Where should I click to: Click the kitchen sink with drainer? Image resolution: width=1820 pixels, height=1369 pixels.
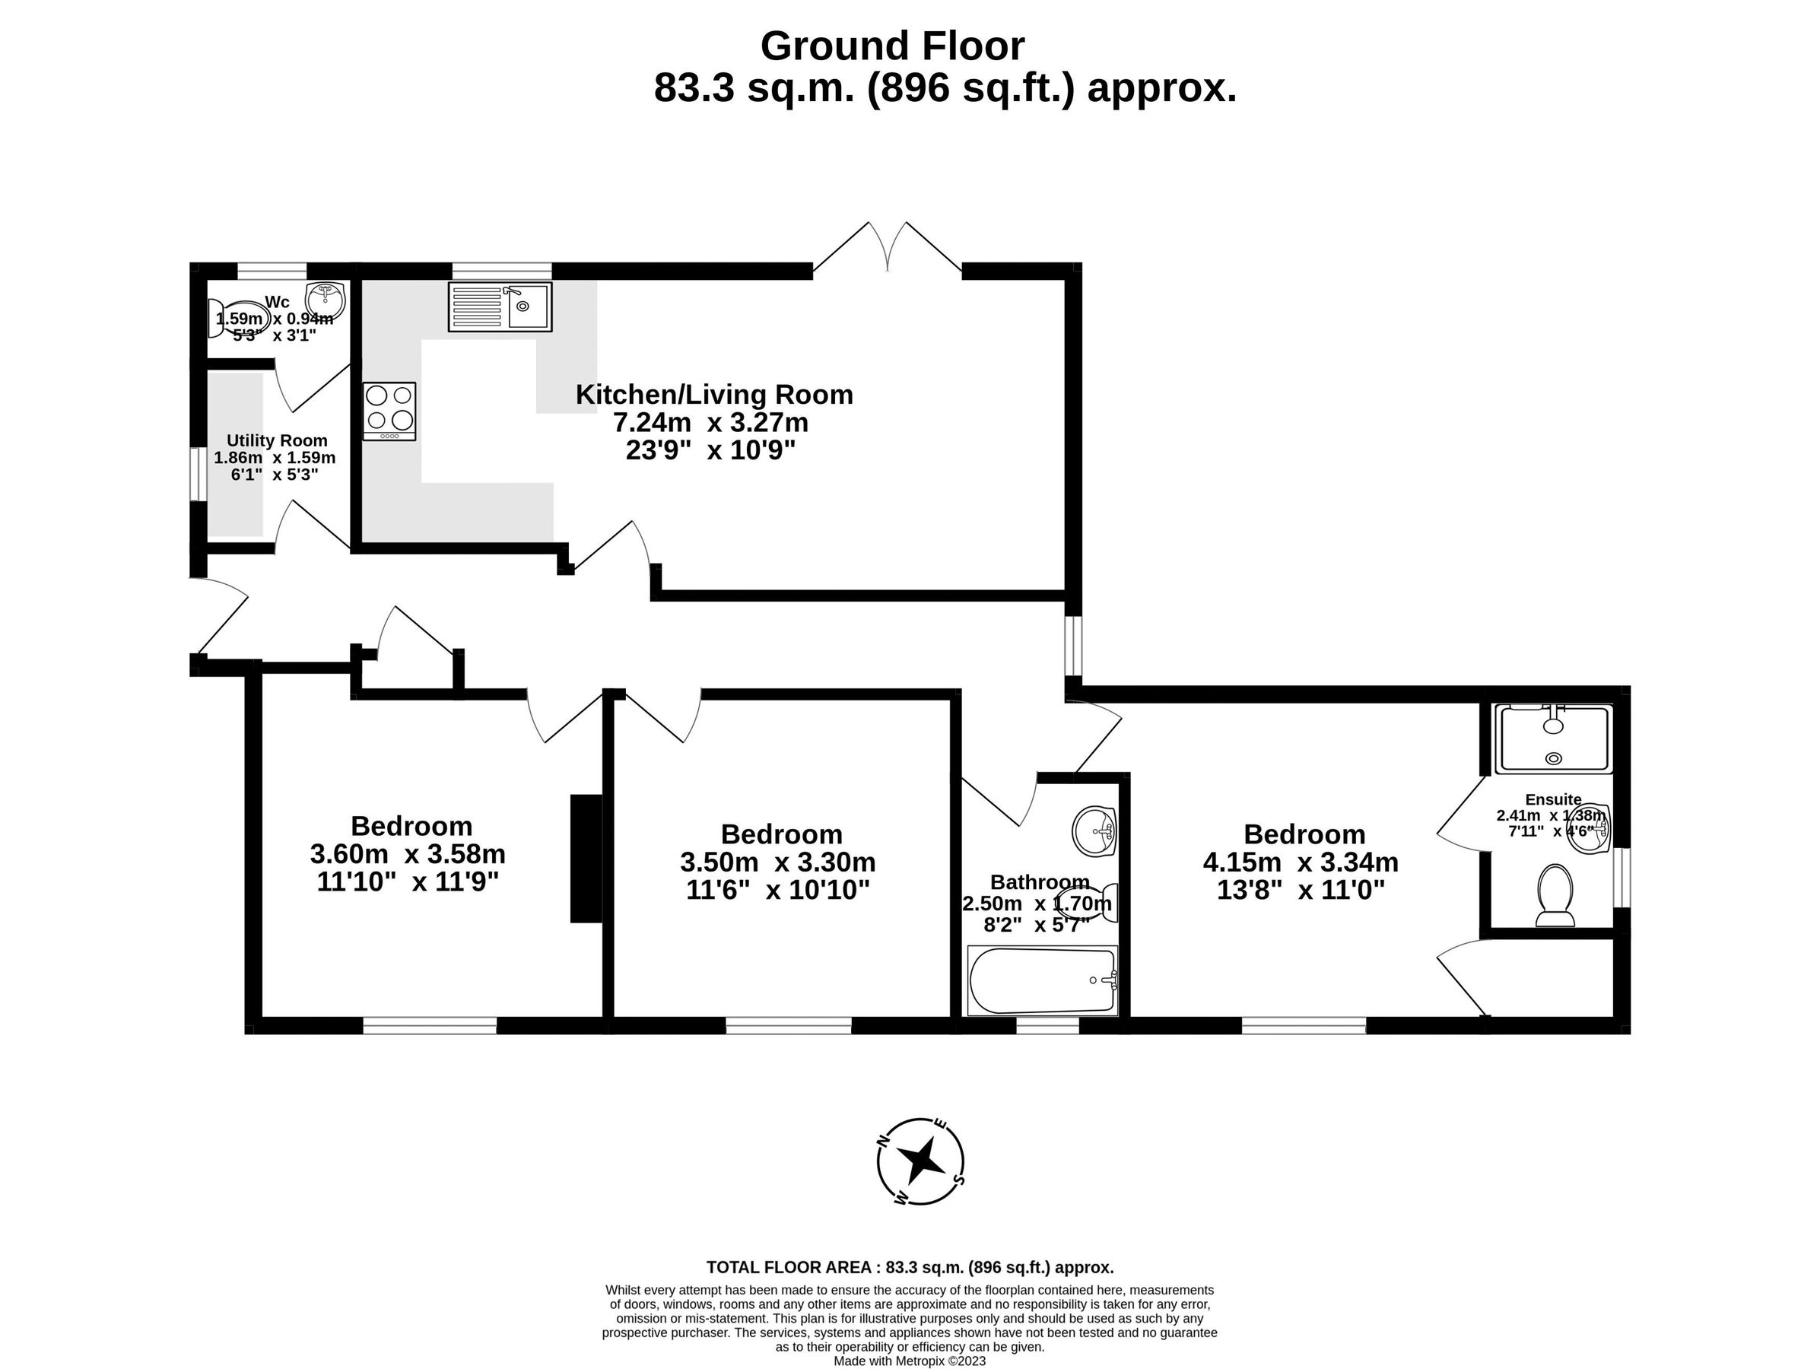pos(500,307)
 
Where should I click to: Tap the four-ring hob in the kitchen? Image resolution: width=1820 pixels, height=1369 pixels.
pos(390,410)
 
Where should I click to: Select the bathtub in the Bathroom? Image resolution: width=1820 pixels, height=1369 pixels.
pos(1043,980)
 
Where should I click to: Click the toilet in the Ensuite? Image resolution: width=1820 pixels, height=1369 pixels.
pos(1555,894)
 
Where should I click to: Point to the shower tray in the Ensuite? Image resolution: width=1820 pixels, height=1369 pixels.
pos(1552,738)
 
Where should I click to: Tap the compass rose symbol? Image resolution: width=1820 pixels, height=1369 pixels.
pos(920,1161)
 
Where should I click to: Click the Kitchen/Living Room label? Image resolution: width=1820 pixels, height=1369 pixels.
pos(713,395)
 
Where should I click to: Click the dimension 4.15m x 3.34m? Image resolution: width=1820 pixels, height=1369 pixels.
pos(1300,862)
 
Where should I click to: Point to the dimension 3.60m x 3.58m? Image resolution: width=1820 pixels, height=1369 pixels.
pos(408,854)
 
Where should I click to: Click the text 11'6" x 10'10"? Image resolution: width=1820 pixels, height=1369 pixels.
pos(777,890)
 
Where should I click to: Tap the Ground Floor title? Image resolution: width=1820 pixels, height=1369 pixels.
pos(892,46)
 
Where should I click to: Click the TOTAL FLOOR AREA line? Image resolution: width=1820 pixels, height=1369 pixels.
pos(909,1267)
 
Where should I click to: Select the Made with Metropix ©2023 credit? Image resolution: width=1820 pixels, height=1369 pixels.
pos(909,1361)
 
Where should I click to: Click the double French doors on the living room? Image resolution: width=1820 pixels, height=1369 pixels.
pos(887,247)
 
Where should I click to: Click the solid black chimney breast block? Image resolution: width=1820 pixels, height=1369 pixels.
pos(586,858)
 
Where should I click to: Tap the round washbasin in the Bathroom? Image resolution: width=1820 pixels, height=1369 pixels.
pos(1094,831)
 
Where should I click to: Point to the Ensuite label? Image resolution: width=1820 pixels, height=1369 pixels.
pos(1552,799)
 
